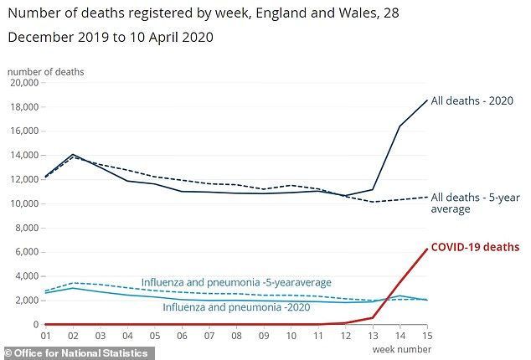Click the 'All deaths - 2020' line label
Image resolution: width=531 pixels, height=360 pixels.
click(x=472, y=100)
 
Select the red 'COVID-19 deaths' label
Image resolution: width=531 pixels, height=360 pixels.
click(x=475, y=247)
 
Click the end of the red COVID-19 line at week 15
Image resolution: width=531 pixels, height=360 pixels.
click(x=427, y=249)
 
